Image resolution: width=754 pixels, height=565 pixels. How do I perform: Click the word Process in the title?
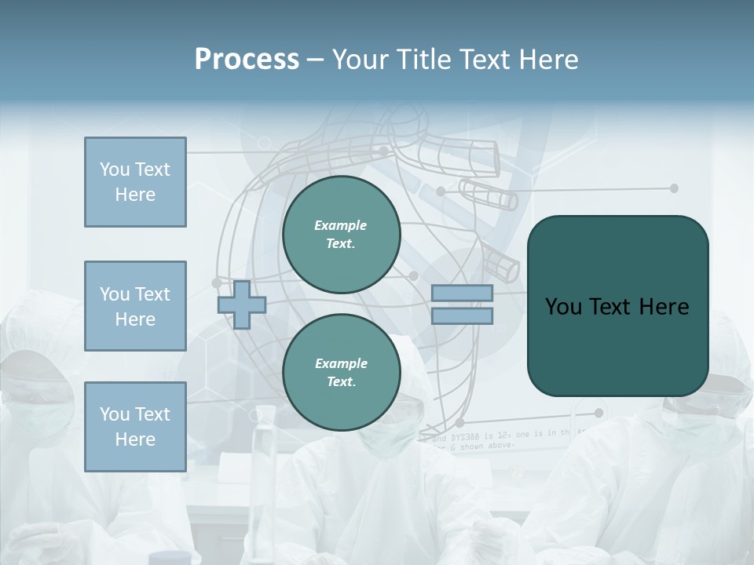[247, 60]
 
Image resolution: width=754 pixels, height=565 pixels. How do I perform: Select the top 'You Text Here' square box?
[135, 182]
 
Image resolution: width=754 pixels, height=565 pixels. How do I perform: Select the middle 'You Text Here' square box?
[135, 306]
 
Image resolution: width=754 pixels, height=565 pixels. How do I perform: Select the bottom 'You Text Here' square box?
[135, 427]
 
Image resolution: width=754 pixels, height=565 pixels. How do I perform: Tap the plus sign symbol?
[242, 304]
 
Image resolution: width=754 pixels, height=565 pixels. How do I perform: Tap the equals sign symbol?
[462, 304]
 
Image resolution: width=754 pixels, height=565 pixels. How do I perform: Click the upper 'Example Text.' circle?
[341, 234]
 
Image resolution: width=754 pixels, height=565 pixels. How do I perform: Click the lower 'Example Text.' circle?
[341, 372]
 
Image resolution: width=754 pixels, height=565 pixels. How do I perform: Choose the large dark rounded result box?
[617, 306]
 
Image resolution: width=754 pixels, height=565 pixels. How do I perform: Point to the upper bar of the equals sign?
[462, 293]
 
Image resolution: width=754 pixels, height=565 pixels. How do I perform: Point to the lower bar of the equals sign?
[462, 315]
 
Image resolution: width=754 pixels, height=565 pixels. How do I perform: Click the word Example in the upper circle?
[341, 225]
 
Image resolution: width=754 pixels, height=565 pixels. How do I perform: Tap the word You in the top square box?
[115, 169]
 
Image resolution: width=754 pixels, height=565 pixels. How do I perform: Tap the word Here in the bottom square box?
[135, 439]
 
